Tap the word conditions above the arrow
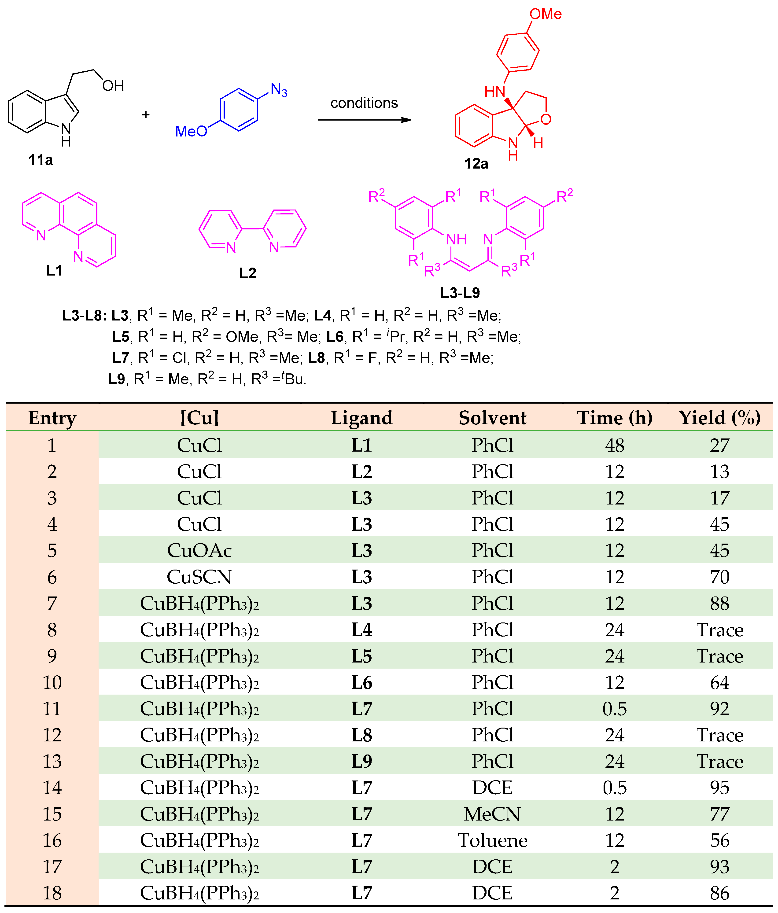[364, 103]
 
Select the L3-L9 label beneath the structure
[460, 293]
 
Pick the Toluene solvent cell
[492, 840]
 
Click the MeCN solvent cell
[492, 814]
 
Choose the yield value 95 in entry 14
[719, 788]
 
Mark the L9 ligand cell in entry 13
[361, 761]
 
